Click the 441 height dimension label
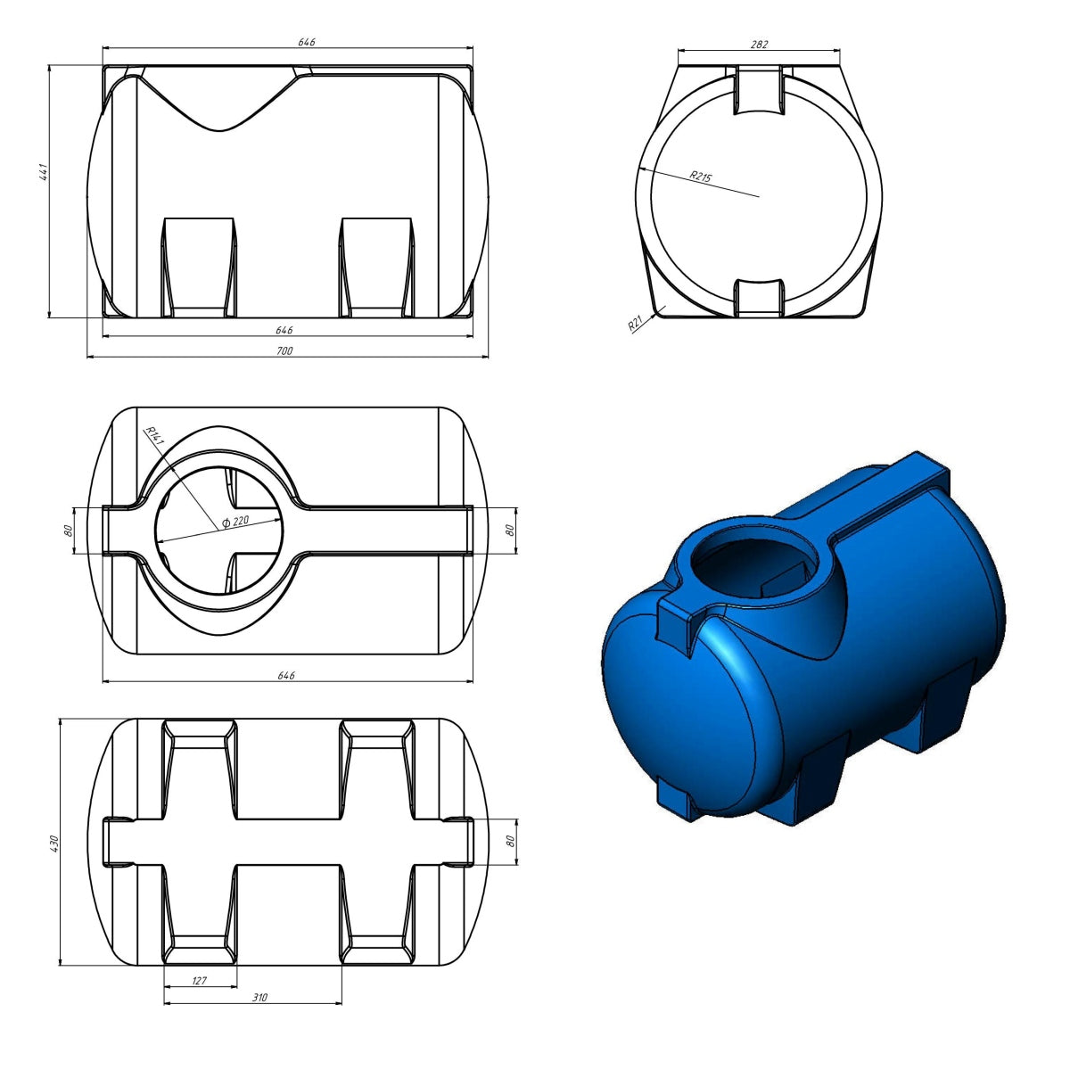(x=45, y=171)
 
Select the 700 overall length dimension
(x=284, y=350)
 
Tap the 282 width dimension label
(x=759, y=45)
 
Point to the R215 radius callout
(x=700, y=177)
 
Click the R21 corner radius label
(x=635, y=323)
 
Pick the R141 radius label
(x=155, y=437)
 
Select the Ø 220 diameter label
(x=235, y=521)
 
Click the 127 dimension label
(x=200, y=981)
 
